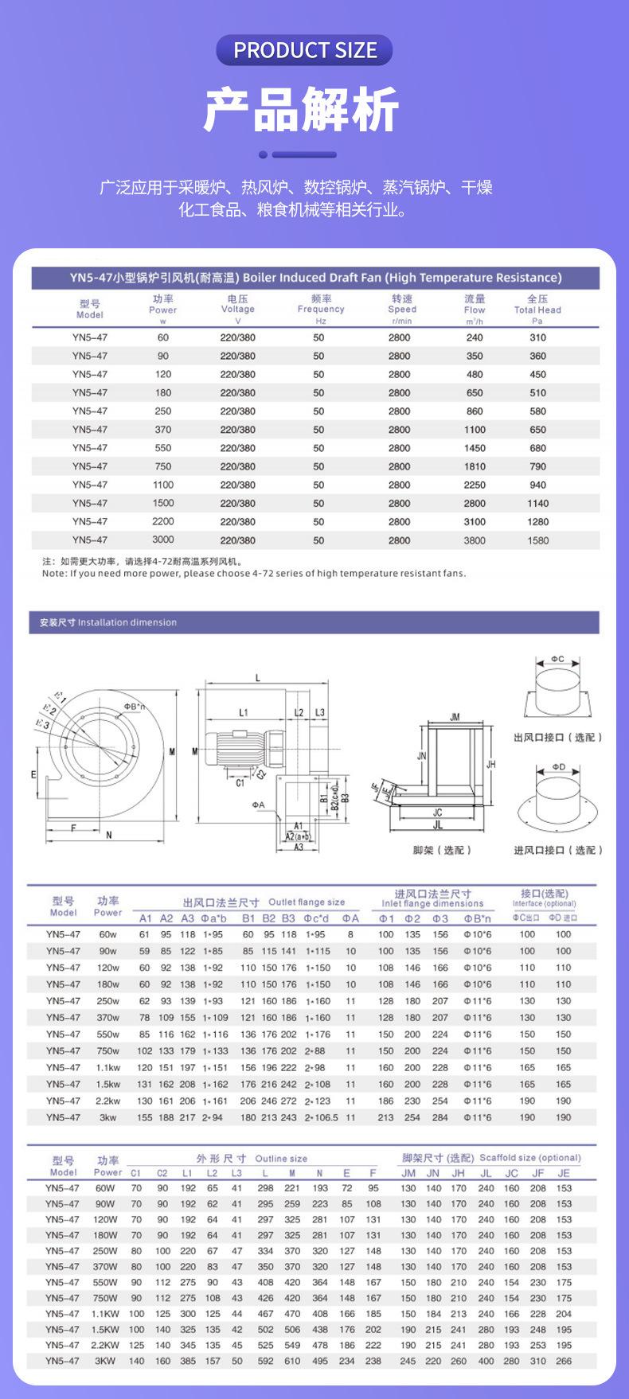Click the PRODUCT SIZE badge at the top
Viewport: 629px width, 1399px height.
[x=305, y=50]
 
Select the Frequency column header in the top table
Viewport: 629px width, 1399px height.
[x=321, y=309]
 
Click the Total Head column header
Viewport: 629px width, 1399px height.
[x=537, y=310]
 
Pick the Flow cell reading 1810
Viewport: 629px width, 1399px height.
[x=475, y=466]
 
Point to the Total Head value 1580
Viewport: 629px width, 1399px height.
[x=538, y=540]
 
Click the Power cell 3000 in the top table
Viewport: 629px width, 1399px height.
[x=163, y=540]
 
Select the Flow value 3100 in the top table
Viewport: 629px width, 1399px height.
[x=475, y=522]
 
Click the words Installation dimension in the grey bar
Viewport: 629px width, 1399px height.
[x=127, y=622]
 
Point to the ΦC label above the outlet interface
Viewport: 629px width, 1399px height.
[x=557, y=659]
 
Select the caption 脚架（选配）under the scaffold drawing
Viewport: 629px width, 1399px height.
[x=443, y=850]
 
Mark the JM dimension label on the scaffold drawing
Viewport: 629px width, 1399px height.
[x=455, y=717]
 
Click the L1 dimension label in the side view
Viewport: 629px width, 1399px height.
[x=244, y=712]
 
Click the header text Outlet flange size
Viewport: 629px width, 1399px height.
[x=307, y=902]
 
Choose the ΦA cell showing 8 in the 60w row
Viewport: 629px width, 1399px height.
[x=350, y=934]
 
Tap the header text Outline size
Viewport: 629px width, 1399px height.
[x=281, y=1159]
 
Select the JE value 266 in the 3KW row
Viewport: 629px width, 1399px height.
[x=564, y=1361]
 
